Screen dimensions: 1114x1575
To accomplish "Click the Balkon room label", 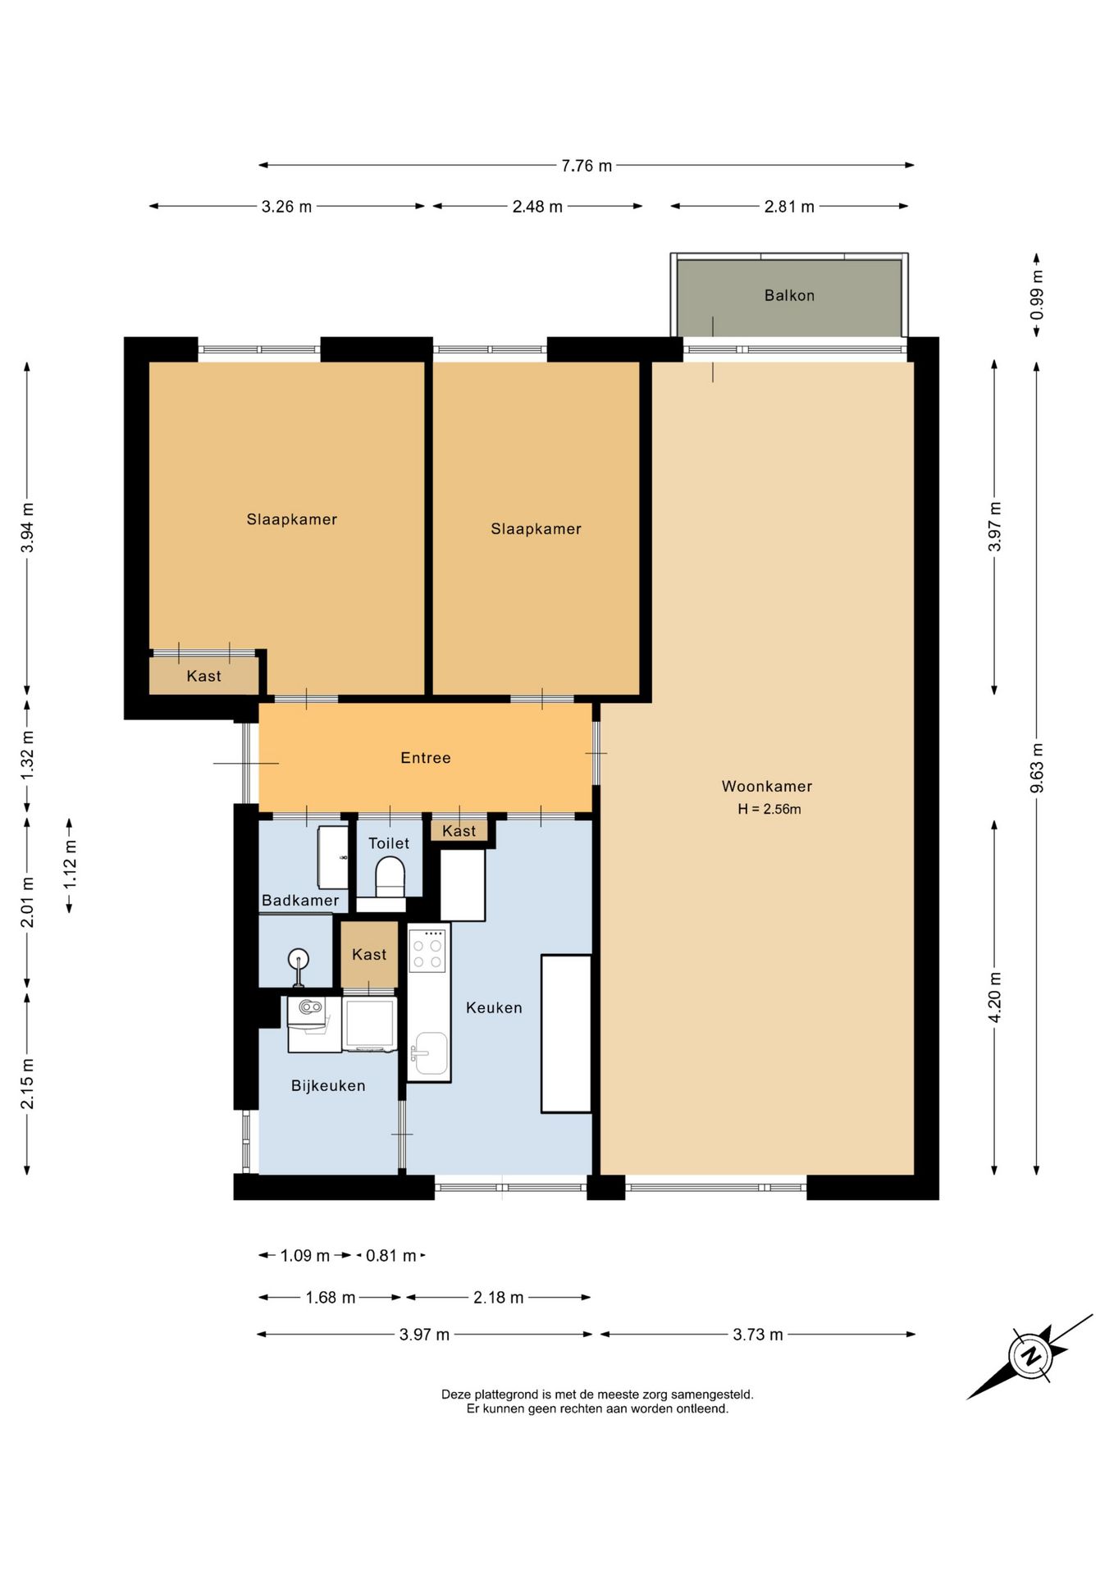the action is click(789, 295).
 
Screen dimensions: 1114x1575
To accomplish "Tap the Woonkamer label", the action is click(767, 786).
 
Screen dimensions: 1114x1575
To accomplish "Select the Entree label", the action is click(426, 758).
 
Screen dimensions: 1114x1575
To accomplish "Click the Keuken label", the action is click(494, 1007).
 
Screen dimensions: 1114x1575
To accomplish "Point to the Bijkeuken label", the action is click(328, 1085).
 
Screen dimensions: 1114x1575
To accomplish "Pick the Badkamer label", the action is click(300, 900).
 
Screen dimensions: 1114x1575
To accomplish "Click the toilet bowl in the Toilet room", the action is click(390, 876).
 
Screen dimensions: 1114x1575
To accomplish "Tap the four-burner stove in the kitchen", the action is click(428, 950).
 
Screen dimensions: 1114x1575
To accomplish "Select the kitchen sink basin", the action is click(430, 1052).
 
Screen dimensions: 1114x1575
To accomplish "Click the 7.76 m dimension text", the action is click(587, 166).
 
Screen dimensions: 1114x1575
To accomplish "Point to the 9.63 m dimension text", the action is click(1037, 768).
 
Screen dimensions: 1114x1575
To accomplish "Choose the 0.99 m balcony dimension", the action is click(1037, 295).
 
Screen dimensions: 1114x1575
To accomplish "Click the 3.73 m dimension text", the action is click(758, 1335).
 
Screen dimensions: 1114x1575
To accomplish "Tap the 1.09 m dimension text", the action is click(305, 1256).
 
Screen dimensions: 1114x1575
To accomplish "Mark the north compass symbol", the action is click(1030, 1355).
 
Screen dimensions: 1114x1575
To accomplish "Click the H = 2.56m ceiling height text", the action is click(769, 809).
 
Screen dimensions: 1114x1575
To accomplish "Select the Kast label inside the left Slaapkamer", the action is click(203, 676).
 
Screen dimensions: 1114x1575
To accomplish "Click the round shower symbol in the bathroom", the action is click(298, 958).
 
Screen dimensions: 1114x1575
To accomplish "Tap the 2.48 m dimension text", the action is click(537, 207).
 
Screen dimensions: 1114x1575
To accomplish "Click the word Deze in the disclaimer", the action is click(457, 1394).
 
